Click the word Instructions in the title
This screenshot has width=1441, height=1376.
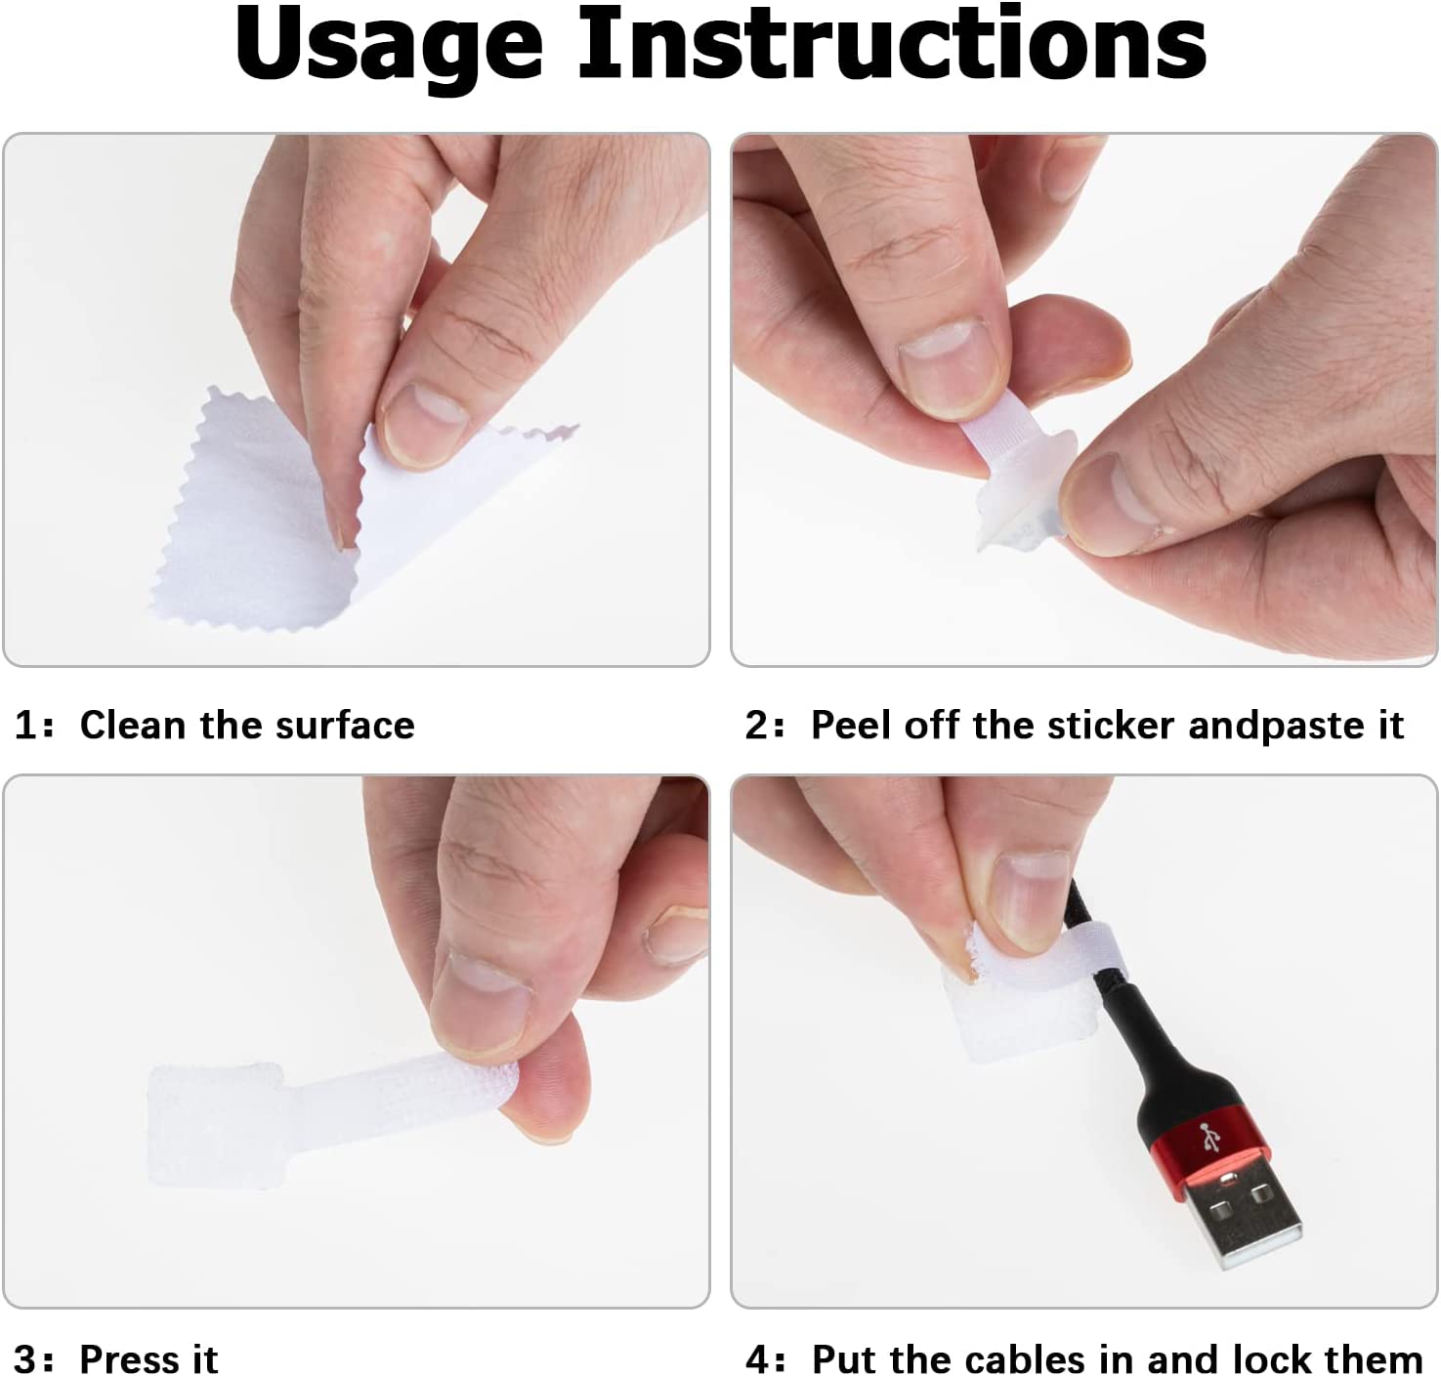pos(892,43)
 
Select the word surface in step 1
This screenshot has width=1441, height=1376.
pos(344,726)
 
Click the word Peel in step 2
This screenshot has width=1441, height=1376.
pos(852,725)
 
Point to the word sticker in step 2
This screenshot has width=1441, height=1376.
pos(1111,725)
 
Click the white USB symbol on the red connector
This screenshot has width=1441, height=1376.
pos(1209,1137)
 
